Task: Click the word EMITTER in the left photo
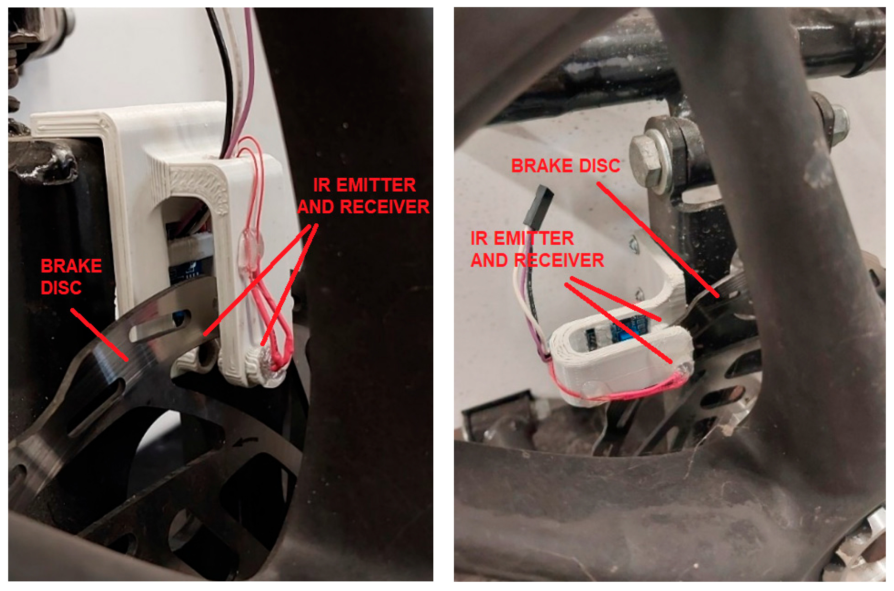coord(376,185)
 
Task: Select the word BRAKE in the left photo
coord(71,266)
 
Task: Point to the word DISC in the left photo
coord(61,288)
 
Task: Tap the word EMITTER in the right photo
coord(534,238)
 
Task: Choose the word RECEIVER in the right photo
coord(559,260)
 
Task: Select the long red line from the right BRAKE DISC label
coord(657,240)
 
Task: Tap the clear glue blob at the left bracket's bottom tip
coord(272,367)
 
